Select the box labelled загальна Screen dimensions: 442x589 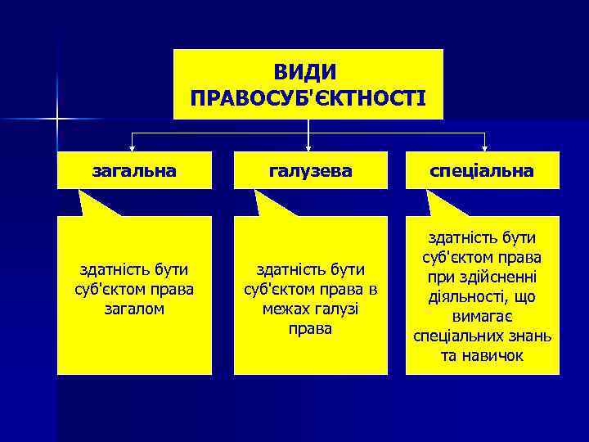(135, 170)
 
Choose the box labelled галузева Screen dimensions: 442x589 (310, 170)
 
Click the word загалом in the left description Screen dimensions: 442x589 (135, 309)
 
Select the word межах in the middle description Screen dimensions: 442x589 (286, 309)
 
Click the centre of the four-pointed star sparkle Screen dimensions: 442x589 (57, 120)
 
